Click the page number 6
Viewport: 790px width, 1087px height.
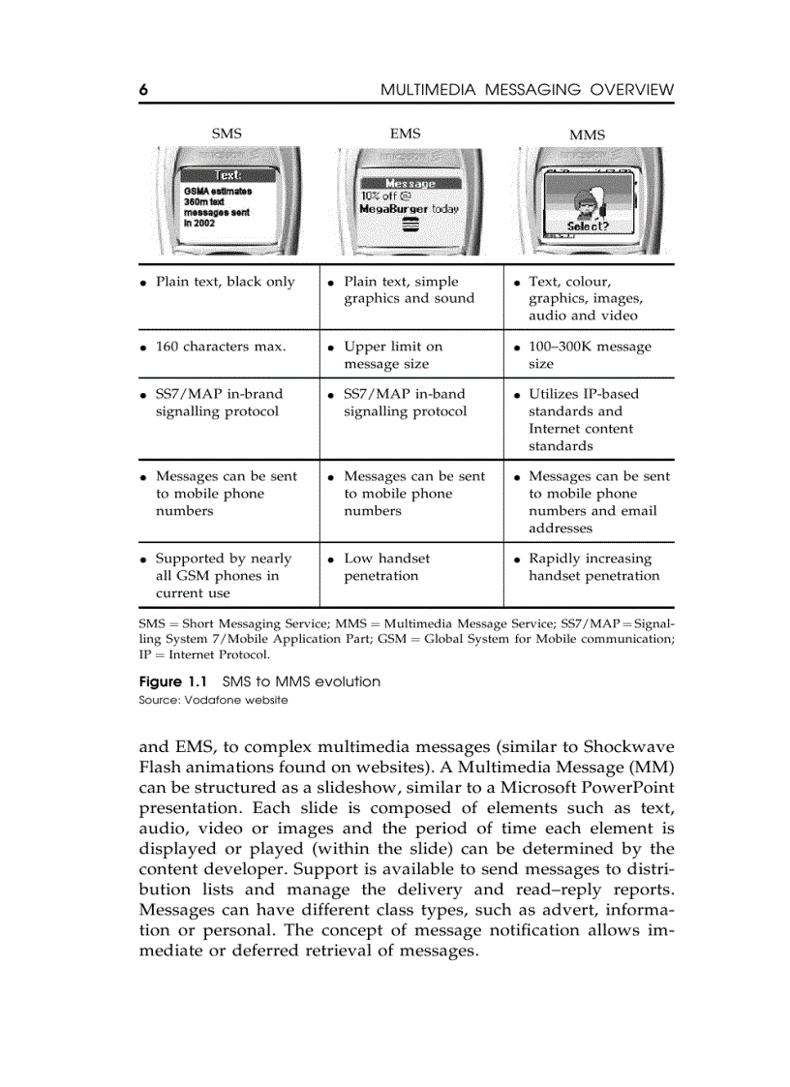pos(143,90)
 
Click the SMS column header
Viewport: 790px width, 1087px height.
pos(227,134)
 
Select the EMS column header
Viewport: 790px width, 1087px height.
pos(405,134)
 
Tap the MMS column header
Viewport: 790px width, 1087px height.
pos(587,135)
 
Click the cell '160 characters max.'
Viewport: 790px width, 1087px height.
pos(220,347)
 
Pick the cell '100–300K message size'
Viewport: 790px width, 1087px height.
pos(589,355)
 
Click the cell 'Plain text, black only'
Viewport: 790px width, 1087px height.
pos(225,282)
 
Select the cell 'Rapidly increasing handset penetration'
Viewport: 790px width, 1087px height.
pos(592,567)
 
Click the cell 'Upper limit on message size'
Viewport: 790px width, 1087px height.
pos(392,355)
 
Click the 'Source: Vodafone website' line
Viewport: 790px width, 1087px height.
pos(213,700)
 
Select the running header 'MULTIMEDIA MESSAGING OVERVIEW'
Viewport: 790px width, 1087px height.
pos(527,90)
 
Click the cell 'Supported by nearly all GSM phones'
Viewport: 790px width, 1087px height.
pos(223,576)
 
